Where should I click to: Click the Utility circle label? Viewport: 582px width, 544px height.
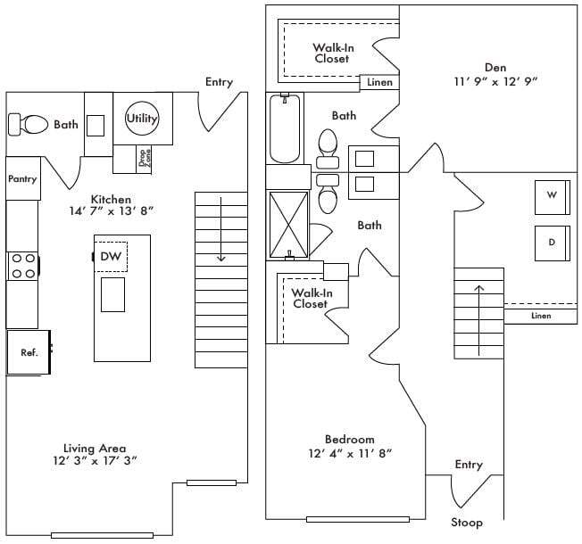pyautogui.click(x=142, y=118)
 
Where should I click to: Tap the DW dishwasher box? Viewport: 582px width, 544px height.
pyautogui.click(x=111, y=257)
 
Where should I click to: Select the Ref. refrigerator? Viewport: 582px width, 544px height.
pyautogui.click(x=29, y=352)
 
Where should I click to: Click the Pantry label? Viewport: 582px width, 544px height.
pyautogui.click(x=22, y=179)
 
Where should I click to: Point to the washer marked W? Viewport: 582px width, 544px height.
pyautogui.click(x=551, y=197)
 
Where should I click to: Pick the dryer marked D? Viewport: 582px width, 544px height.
pyautogui.click(x=551, y=243)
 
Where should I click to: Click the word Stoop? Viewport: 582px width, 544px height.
pyautogui.click(x=466, y=522)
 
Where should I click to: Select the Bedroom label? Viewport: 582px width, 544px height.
pyautogui.click(x=349, y=440)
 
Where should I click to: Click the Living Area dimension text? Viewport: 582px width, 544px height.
pyautogui.click(x=94, y=461)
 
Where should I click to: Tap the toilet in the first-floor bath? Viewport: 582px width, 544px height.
pyautogui.click(x=33, y=124)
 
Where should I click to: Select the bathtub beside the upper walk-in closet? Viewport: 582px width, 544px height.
pyautogui.click(x=284, y=129)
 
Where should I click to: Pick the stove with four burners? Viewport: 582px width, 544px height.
pyautogui.click(x=22, y=266)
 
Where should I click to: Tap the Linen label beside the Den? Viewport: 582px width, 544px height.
pyautogui.click(x=376, y=83)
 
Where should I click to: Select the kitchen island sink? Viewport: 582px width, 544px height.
pyautogui.click(x=112, y=294)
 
